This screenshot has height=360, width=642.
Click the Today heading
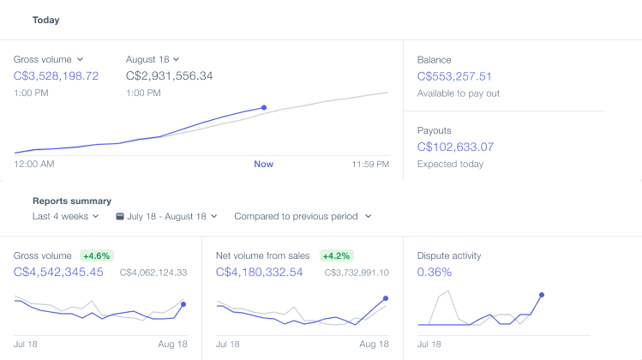tap(46, 20)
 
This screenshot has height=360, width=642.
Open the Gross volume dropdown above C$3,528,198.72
tap(48, 59)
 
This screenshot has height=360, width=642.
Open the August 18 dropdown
tap(153, 59)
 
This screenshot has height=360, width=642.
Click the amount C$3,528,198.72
tap(56, 75)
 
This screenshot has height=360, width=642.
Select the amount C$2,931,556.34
tap(169, 75)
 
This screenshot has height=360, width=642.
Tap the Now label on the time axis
tap(264, 164)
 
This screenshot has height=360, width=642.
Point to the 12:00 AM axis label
tap(34, 164)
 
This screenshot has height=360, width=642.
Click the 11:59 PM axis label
tap(370, 164)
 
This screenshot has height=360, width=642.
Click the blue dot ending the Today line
tap(264, 108)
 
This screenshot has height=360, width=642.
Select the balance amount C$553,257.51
tap(454, 76)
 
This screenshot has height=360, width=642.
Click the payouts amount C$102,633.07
tap(455, 147)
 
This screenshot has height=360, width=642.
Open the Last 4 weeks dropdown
tap(65, 216)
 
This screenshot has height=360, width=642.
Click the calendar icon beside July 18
tap(119, 216)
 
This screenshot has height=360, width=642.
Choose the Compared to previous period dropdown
tap(303, 216)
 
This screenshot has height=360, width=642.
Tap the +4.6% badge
tap(97, 256)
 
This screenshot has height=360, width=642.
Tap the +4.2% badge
tap(336, 256)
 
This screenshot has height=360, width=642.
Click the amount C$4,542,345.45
tap(58, 272)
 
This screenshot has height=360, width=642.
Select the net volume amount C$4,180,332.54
tap(259, 272)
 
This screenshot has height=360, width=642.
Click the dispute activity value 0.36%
tap(435, 272)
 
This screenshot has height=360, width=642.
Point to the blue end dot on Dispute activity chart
tap(542, 295)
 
